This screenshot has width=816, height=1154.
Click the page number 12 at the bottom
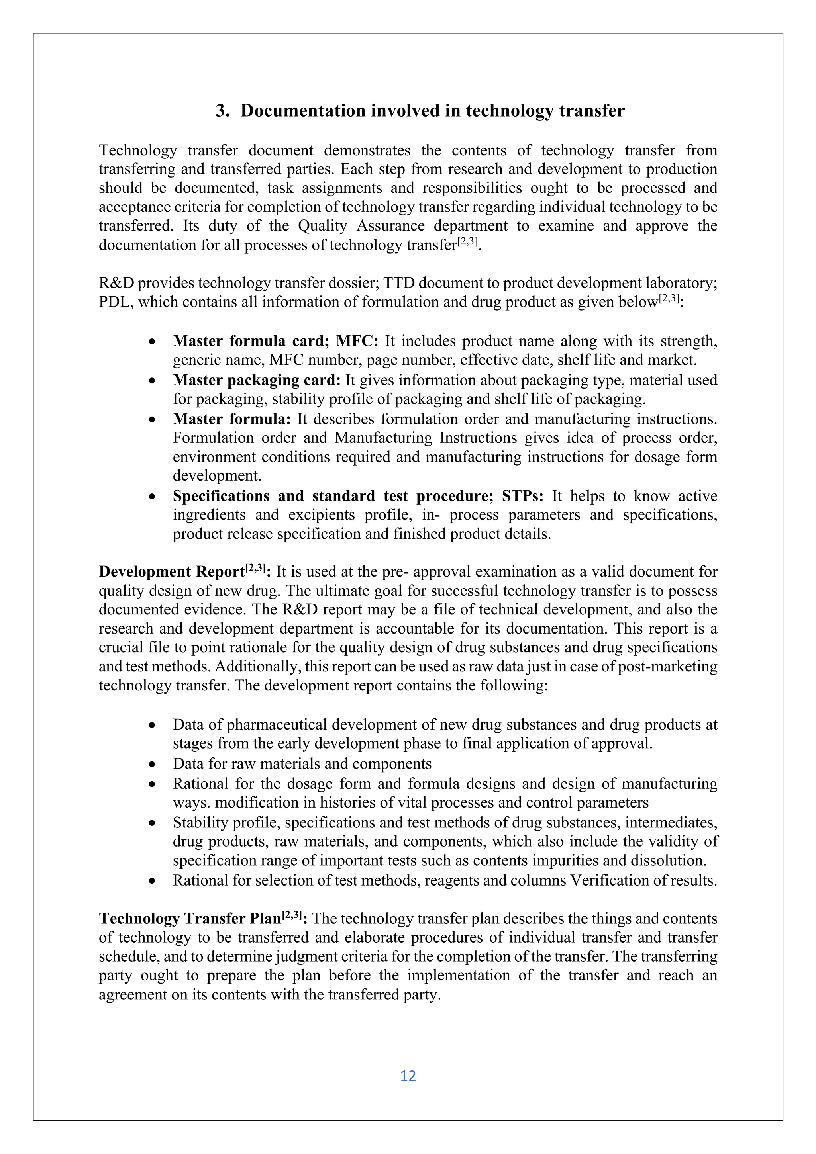pyautogui.click(x=408, y=1076)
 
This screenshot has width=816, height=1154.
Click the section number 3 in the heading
pyautogui.click(x=221, y=111)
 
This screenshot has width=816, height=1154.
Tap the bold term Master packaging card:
pyautogui.click(x=257, y=380)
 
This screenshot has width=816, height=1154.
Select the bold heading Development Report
pyautogui.click(x=171, y=572)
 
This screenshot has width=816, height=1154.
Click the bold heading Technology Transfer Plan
pyautogui.click(x=190, y=919)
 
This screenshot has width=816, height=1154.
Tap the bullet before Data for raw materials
pyautogui.click(x=152, y=765)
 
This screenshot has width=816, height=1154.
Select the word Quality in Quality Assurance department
pyautogui.click(x=322, y=226)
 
